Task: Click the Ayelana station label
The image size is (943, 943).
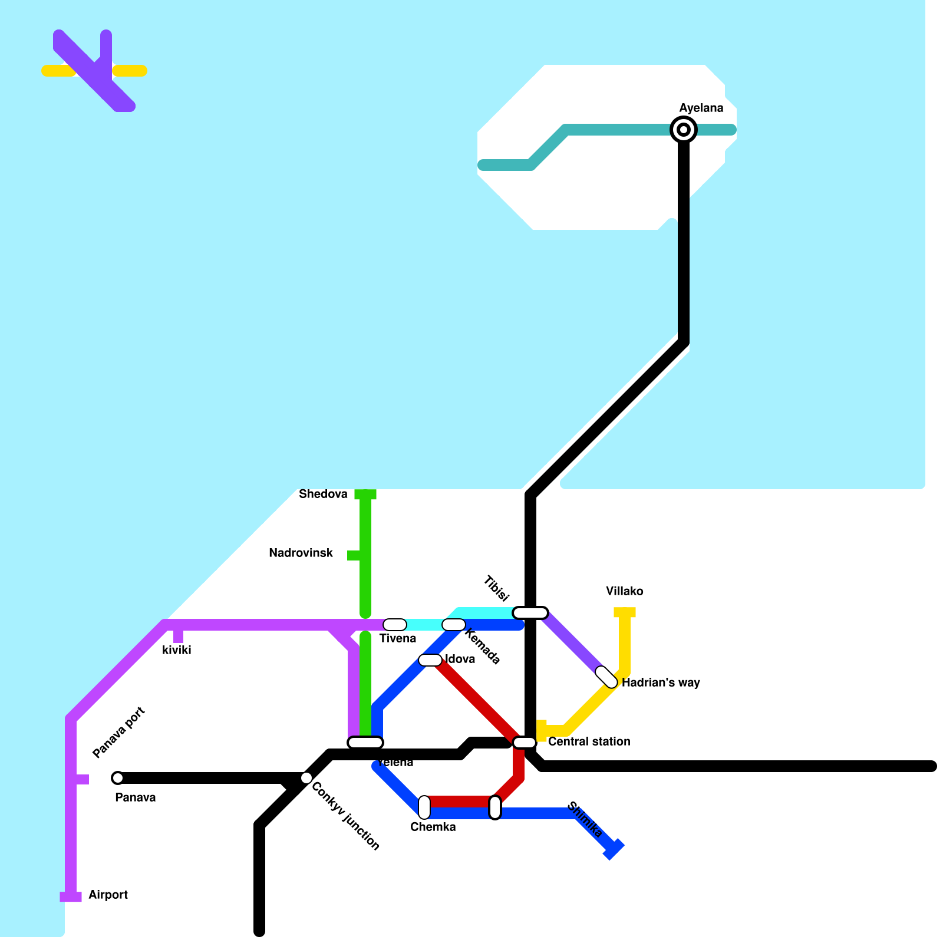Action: tap(701, 108)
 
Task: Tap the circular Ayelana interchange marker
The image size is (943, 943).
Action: tap(684, 130)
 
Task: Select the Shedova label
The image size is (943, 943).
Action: tap(323, 494)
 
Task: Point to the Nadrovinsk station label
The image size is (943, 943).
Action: tap(301, 553)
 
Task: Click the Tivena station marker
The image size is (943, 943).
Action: tap(395, 625)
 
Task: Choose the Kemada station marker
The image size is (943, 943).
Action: tap(454, 625)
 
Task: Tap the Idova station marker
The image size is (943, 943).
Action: tap(430, 660)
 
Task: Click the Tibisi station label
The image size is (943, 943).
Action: tap(496, 588)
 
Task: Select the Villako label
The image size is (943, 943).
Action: tap(624, 591)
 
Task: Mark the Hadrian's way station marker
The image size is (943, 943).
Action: tap(606, 677)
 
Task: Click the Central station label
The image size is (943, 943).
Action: tap(589, 741)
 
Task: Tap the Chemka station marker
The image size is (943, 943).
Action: tap(424, 807)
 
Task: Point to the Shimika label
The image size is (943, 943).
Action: tap(584, 819)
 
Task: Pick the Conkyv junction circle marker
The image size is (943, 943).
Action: tap(306, 778)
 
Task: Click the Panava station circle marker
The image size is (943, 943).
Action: tap(118, 778)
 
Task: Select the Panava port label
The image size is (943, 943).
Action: tap(118, 733)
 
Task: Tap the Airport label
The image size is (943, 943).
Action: tap(108, 895)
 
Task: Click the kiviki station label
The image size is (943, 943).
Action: tap(176, 650)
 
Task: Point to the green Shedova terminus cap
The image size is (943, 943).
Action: tap(365, 494)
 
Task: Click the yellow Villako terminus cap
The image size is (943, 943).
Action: tap(625, 612)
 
